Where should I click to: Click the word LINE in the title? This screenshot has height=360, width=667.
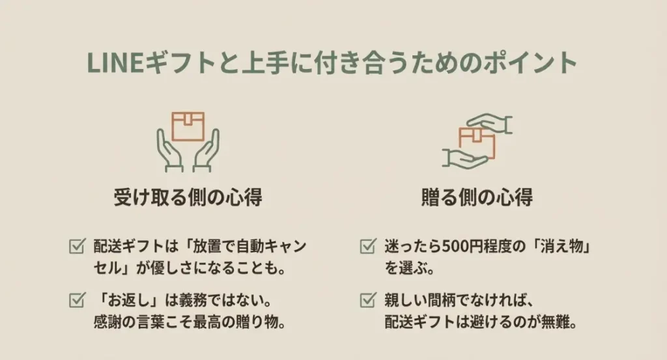coord(108,64)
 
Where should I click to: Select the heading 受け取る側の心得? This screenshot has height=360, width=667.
coord(188,197)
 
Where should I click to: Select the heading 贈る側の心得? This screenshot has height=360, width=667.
coord(477,197)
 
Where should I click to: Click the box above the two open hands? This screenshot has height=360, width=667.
coord(188,125)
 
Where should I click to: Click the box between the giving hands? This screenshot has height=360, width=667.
coord(477,141)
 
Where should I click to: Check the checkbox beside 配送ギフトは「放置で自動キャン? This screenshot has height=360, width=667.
coord(76,247)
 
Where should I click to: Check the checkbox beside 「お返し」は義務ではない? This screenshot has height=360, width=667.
coord(76,300)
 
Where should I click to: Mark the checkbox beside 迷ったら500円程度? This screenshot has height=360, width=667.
coord(367,247)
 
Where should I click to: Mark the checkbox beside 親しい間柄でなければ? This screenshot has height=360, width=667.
coord(367,300)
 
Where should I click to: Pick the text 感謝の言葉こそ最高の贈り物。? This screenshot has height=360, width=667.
coord(190,322)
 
